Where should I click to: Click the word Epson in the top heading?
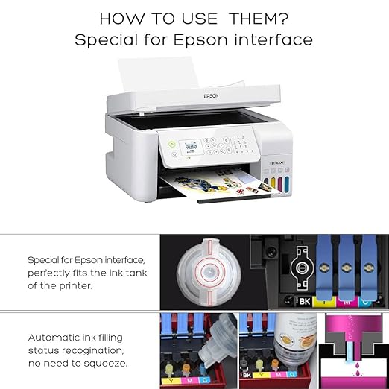point(200,40)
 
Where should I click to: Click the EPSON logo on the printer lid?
point(211,95)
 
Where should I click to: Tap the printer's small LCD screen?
point(192,148)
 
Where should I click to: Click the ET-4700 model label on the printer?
point(278,162)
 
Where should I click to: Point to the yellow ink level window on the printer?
point(273,183)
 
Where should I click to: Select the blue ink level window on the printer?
point(287,184)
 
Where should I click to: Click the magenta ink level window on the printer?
point(280,184)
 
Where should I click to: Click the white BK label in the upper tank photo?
point(304,301)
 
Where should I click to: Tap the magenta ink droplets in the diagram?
point(358,369)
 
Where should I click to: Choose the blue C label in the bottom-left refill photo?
point(205,380)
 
